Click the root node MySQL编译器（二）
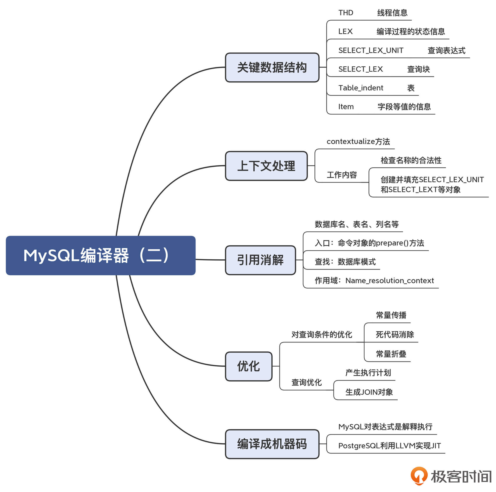click(101, 255)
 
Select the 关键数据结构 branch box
click(272, 68)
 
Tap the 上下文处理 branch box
click(266, 166)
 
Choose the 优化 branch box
click(248, 366)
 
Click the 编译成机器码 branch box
click(272, 444)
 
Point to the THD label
click(346, 13)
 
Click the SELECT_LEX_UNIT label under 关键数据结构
click(371, 50)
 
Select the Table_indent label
click(360, 88)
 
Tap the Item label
click(346, 107)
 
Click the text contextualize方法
click(358, 141)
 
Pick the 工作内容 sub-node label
click(342, 175)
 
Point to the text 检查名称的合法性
click(411, 160)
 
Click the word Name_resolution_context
click(389, 281)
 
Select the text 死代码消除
click(395, 335)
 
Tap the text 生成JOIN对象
click(369, 392)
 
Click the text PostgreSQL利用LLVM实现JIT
click(389, 446)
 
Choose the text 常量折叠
click(391, 354)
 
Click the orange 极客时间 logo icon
click(419, 476)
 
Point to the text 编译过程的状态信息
click(410, 31)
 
